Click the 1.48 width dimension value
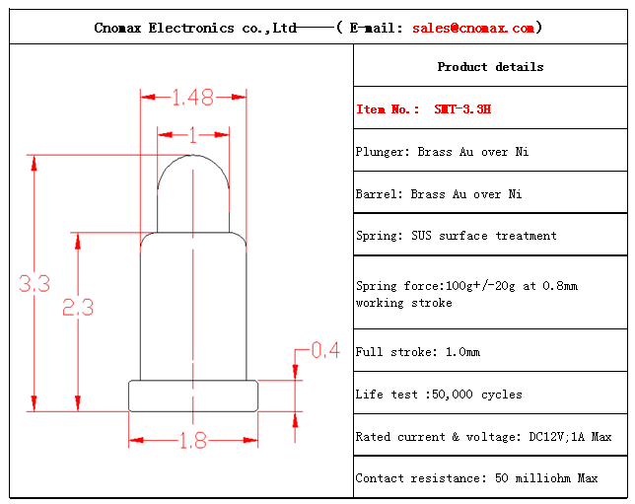[x=193, y=98]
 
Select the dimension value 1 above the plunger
[x=193, y=135]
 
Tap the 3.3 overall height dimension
[x=35, y=283]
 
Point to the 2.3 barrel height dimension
[x=78, y=307]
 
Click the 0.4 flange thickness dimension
[x=325, y=350]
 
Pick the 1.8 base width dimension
[x=193, y=441]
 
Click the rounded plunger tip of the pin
[x=193, y=156]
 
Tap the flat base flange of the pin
[x=193, y=396]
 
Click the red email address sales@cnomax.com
[x=473, y=28]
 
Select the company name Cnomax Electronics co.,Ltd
[x=195, y=28]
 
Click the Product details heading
[x=490, y=67]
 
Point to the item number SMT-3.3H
[x=462, y=108]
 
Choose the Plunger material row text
[x=442, y=152]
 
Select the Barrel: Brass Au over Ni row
[x=439, y=194]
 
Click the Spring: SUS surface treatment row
[x=456, y=236]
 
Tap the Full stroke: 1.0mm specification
[x=418, y=352]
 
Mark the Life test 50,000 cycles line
[x=439, y=395]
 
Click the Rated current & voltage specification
[x=483, y=437]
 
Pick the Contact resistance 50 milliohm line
[x=476, y=478]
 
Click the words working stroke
[x=404, y=303]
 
